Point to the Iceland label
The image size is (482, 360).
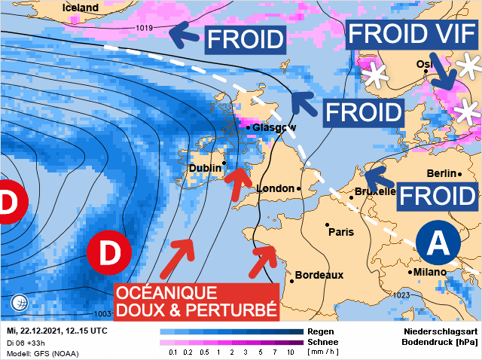[80, 8]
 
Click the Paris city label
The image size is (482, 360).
[340, 232]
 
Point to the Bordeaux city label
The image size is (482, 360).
[319, 275]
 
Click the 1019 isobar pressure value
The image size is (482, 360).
[145, 29]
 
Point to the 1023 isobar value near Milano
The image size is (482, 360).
[401, 295]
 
